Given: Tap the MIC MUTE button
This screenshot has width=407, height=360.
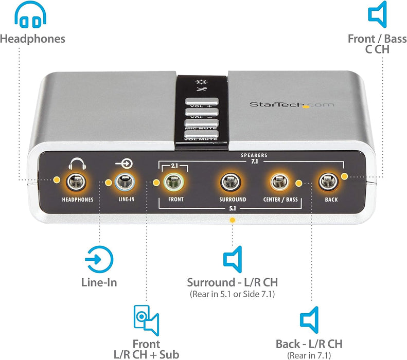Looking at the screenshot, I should click(202, 124).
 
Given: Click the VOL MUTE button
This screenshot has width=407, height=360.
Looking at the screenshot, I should click(202, 136).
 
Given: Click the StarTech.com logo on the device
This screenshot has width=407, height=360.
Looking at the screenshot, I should click(291, 104).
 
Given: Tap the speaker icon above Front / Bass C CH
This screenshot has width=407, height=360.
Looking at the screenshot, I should click(377, 14).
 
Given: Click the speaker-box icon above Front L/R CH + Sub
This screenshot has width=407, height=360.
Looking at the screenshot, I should click(146, 320).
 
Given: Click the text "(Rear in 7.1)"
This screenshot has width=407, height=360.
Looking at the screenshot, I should click(309, 355).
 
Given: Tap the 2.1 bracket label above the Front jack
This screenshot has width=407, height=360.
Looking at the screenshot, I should click(174, 166).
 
